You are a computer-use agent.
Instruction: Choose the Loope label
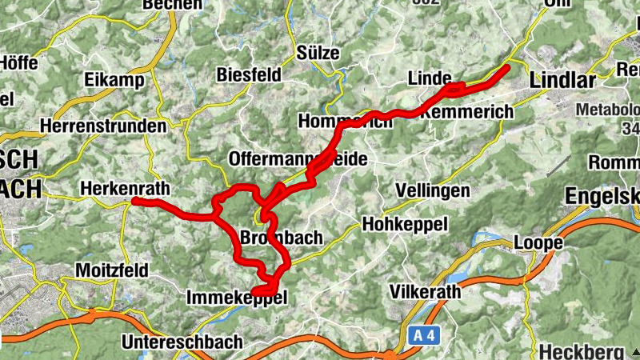click(538, 242)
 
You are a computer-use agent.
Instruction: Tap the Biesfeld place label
click(249, 75)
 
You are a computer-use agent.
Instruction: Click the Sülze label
click(318, 53)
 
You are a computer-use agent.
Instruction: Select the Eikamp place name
click(114, 80)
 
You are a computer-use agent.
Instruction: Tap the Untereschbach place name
click(182, 342)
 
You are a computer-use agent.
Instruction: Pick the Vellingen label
click(432, 190)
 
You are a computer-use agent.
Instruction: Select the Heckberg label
click(581, 351)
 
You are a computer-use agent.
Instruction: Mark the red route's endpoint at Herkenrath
click(134, 201)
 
